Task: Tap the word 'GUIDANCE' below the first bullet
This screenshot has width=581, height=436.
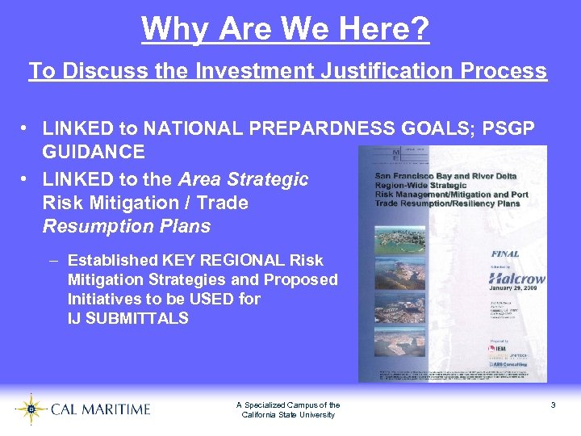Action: tap(94, 152)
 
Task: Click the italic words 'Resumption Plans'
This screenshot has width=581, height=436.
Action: tap(126, 226)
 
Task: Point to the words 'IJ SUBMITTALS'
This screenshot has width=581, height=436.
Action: tap(127, 318)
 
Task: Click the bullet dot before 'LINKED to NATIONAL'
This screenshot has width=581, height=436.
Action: tap(26, 128)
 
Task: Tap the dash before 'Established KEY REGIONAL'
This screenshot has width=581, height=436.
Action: tap(52, 260)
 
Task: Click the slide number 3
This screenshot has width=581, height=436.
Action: tap(553, 405)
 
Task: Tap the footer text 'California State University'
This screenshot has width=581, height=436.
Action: tap(288, 415)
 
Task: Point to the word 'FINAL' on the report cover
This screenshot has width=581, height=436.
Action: tap(505, 254)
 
